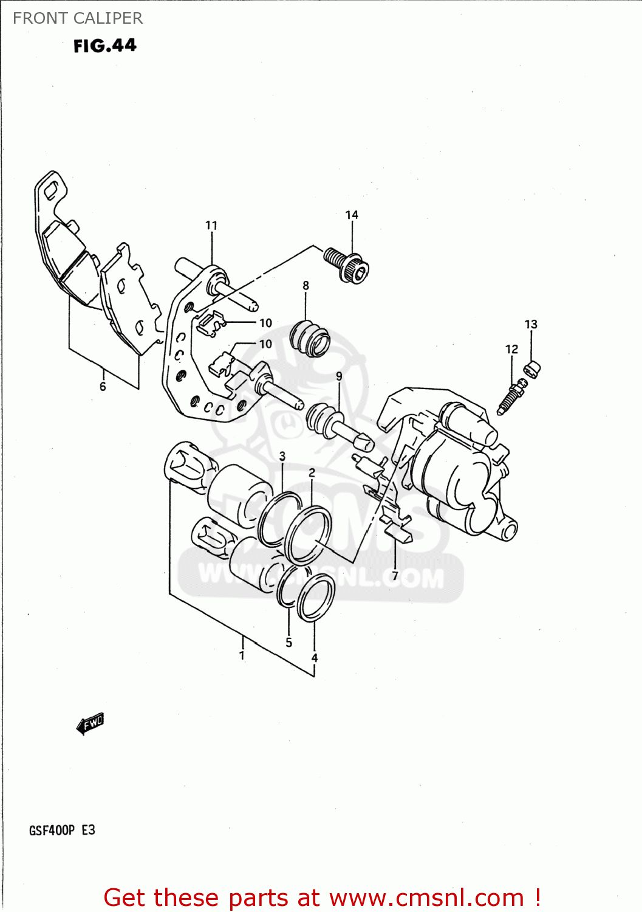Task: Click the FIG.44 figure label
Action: [104, 46]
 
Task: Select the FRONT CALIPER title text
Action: [78, 18]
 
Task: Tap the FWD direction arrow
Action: [90, 723]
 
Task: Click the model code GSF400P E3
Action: [62, 830]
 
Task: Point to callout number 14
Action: [352, 215]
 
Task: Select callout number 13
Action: [531, 324]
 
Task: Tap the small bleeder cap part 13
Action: [532, 368]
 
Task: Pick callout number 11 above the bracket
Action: [211, 225]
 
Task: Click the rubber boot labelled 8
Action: [310, 339]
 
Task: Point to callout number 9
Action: [339, 376]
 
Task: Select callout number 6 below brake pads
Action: [103, 387]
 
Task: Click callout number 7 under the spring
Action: [395, 575]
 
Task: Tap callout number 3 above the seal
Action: [282, 456]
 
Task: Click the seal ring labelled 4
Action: [316, 598]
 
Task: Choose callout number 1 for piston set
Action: [242, 655]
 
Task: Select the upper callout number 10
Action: [265, 323]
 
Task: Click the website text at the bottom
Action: [322, 897]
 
